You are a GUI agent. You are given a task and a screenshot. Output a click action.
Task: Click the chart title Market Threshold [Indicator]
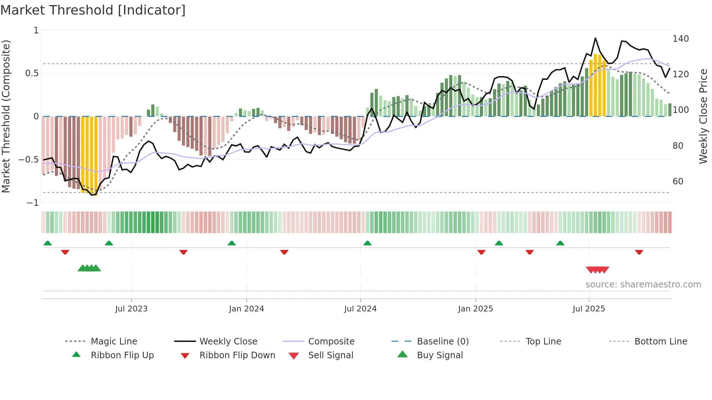pos(93,10)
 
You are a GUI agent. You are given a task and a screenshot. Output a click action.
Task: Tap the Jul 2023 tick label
pos(131,309)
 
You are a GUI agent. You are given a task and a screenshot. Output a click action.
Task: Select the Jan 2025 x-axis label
pos(475,309)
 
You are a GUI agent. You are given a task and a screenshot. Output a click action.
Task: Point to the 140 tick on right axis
pos(680,39)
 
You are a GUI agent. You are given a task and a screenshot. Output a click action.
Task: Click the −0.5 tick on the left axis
pos(29,160)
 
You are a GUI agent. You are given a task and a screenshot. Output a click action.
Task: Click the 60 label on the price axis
pos(678,181)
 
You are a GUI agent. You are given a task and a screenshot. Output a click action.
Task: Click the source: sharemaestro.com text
pos(643,285)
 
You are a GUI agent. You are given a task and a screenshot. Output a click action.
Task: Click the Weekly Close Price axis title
pos(703,116)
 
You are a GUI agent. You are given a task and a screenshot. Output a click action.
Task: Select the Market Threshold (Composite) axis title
pos(6,116)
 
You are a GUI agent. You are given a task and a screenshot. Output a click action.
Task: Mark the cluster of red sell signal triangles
pos(597,270)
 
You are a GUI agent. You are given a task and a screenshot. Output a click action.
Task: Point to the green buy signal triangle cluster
pos(89,268)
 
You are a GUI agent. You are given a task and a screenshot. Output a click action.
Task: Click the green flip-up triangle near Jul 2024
pos(367,243)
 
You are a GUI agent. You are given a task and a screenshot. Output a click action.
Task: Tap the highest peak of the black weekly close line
pos(595,38)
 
